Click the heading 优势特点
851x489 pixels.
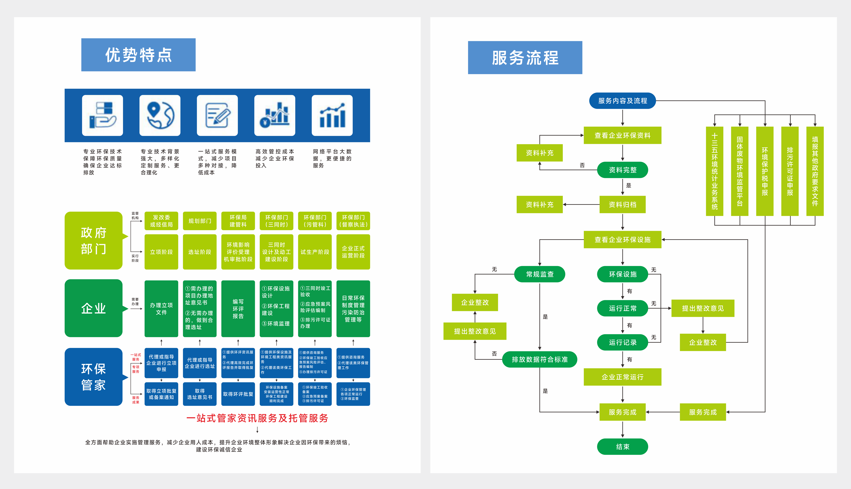tap(138, 55)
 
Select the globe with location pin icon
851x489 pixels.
tap(160, 115)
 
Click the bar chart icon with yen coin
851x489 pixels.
tap(275, 115)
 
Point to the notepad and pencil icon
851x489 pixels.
tap(217, 115)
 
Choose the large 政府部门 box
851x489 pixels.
tap(94, 240)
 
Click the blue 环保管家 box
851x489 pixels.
tap(94, 377)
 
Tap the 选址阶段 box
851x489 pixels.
tap(200, 252)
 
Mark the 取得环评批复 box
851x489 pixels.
tap(238, 394)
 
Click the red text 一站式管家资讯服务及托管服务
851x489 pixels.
tap(257, 418)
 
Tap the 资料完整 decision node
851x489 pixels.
tap(622, 170)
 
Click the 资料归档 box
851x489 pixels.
tap(622, 205)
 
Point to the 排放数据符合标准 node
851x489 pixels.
tap(539, 359)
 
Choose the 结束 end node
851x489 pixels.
tap(622, 447)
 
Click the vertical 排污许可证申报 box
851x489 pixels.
tap(790, 171)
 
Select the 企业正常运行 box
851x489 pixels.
tap(622, 377)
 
